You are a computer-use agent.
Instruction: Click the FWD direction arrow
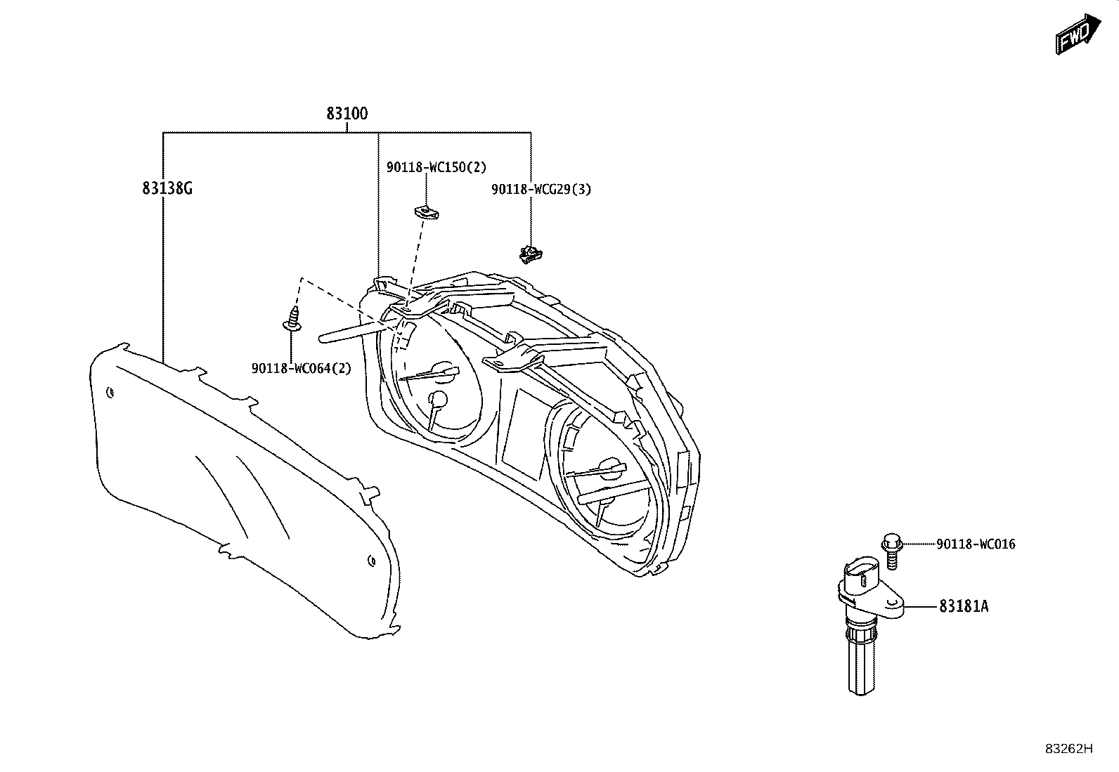[x=1078, y=34]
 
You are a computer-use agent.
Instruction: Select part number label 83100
[x=347, y=114]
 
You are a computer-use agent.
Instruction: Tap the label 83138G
[x=167, y=188]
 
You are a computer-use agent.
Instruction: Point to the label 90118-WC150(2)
[x=436, y=166]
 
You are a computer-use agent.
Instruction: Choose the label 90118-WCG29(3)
[x=541, y=189]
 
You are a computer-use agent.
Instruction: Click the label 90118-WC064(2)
[x=302, y=369]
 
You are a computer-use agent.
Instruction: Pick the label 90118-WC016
[x=976, y=544]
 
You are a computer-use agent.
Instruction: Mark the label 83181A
[x=964, y=606]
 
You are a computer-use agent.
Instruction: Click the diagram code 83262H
[x=1069, y=749]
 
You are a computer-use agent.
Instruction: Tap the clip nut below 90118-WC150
[x=426, y=212]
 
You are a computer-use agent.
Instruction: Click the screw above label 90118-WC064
[x=292, y=320]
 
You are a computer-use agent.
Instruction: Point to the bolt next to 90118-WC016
[x=892, y=550]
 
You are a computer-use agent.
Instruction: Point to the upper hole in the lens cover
[x=110, y=393]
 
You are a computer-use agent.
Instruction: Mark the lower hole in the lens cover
[x=371, y=561]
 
